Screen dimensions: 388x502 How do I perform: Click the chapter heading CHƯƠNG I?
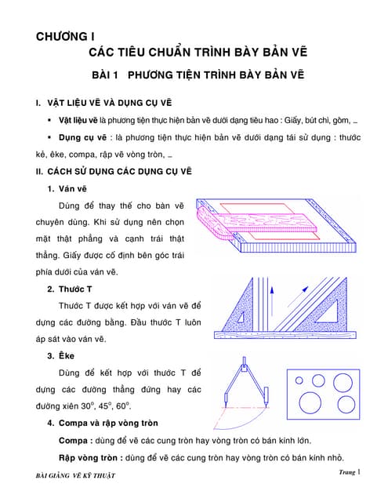point(65,37)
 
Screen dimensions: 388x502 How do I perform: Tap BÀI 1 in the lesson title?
point(105,75)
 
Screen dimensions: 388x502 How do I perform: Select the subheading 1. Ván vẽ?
point(67,189)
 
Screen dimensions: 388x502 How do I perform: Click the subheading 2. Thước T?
point(70,289)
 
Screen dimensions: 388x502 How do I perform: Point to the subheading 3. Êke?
point(61,356)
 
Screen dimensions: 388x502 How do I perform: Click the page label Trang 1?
point(350,472)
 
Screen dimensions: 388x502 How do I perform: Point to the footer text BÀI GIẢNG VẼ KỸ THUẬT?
point(75,475)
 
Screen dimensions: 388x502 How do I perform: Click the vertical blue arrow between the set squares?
point(272,301)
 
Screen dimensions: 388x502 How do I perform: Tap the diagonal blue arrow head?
point(306,289)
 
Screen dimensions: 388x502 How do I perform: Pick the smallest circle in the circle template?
point(299,380)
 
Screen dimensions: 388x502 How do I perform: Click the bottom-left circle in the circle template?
point(310,402)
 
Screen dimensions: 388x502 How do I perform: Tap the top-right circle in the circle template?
point(343,383)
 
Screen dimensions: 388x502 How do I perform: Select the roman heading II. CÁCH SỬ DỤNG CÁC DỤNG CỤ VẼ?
point(114,172)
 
